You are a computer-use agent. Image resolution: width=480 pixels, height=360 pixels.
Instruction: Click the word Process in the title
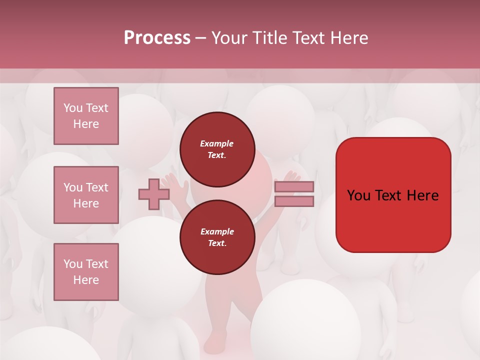(x=157, y=38)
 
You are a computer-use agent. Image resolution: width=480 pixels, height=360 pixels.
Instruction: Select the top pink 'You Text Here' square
(x=86, y=116)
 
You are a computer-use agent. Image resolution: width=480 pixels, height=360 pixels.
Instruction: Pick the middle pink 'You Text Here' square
(x=86, y=195)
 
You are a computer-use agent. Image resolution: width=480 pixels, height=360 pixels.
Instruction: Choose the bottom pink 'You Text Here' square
(x=86, y=271)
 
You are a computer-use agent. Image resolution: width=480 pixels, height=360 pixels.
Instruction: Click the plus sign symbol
(x=154, y=194)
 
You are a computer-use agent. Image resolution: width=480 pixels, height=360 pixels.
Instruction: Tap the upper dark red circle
(x=217, y=149)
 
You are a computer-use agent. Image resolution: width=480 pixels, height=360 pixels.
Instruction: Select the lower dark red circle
(x=217, y=237)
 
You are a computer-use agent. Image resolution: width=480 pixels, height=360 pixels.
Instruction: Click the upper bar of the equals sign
(x=294, y=186)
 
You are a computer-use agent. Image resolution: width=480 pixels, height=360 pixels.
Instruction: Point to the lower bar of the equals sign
(x=294, y=201)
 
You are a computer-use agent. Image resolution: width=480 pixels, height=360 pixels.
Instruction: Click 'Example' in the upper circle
(x=216, y=144)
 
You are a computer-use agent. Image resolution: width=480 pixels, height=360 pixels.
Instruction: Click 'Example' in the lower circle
(x=217, y=232)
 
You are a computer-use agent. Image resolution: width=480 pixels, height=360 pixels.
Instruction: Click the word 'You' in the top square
(x=73, y=108)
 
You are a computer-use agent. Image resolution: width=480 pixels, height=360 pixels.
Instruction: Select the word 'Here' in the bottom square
(x=86, y=280)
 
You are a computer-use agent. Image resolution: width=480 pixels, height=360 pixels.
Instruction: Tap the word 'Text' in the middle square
(x=96, y=187)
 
